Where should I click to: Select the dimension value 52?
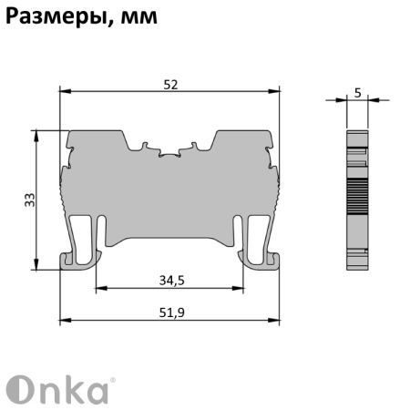coord(169,84)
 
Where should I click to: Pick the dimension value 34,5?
coord(169,282)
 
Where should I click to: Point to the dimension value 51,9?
coord(169,313)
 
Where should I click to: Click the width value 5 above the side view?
coord(358,91)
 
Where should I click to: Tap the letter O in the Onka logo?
coord(20,389)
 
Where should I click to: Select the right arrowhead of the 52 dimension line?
coord(275,91)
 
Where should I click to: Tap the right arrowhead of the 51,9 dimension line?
coord(275,321)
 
